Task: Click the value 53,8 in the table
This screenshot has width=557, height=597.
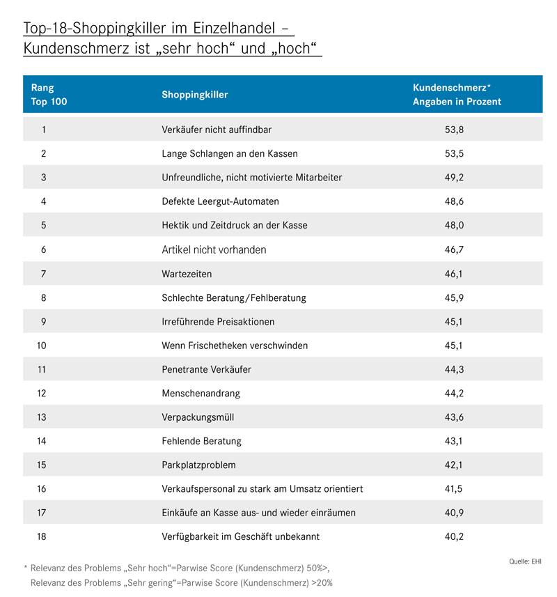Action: pyautogui.click(x=454, y=130)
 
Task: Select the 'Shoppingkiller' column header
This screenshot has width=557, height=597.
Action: pyautogui.click(x=195, y=95)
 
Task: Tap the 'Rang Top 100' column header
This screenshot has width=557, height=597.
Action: pyautogui.click(x=49, y=95)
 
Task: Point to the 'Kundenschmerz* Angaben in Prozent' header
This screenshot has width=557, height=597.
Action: pyautogui.click(x=457, y=95)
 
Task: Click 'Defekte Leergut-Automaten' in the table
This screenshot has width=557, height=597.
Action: pyautogui.click(x=220, y=201)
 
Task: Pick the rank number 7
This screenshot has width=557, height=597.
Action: pyautogui.click(x=43, y=274)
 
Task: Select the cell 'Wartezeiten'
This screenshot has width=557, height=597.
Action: pyautogui.click(x=187, y=274)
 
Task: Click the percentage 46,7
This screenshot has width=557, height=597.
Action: pyautogui.click(x=454, y=250)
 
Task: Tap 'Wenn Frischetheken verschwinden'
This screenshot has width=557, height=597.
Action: pyautogui.click(x=235, y=346)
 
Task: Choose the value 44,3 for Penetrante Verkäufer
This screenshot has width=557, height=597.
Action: pyautogui.click(x=454, y=369)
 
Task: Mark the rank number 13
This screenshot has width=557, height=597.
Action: pyautogui.click(x=42, y=417)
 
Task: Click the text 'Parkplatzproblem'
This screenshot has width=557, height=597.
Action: pyautogui.click(x=198, y=465)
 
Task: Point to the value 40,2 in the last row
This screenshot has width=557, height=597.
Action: pyautogui.click(x=454, y=536)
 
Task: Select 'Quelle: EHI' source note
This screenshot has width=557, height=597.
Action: pyautogui.click(x=525, y=561)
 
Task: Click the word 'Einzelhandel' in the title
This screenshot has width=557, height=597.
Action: pyautogui.click(x=234, y=28)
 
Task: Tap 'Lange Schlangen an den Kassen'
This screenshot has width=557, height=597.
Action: pyautogui.click(x=230, y=153)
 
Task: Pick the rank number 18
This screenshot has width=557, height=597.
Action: pyautogui.click(x=42, y=536)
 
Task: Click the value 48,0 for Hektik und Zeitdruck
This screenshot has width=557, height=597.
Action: pyautogui.click(x=454, y=225)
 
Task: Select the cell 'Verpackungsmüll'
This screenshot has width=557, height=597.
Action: pyautogui.click(x=198, y=417)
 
